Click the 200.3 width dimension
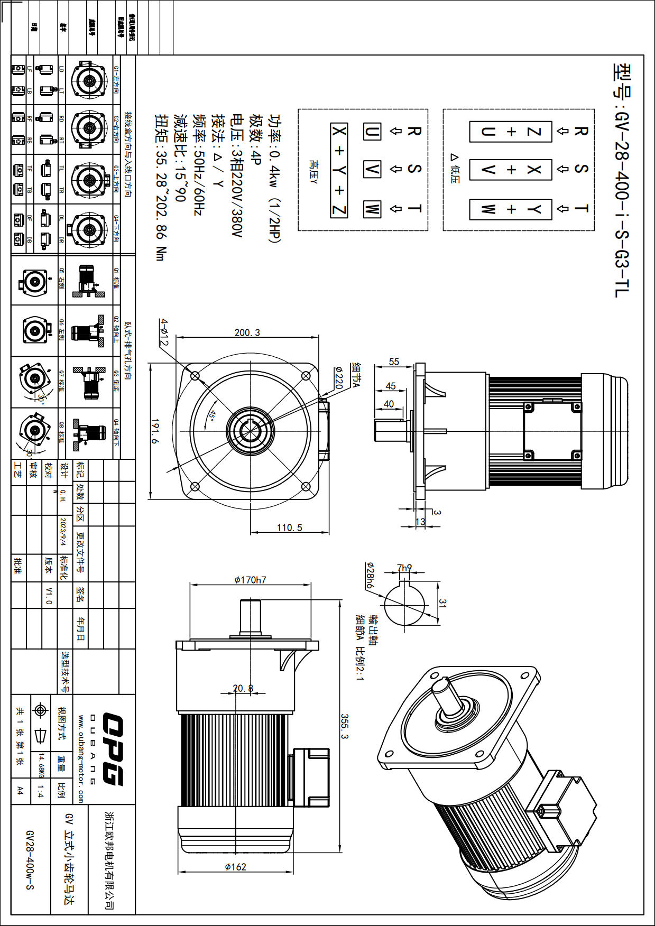click(x=247, y=332)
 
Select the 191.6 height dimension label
click(x=155, y=431)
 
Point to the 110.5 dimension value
click(x=289, y=527)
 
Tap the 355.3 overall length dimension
click(x=344, y=727)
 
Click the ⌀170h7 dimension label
click(x=250, y=580)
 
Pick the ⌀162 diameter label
click(x=235, y=866)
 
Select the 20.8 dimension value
click(x=243, y=688)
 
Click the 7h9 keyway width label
click(x=404, y=568)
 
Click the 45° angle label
click(x=212, y=416)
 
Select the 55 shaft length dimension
click(x=394, y=362)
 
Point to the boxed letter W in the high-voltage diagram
click(x=372, y=209)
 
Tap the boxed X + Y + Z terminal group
click(x=339, y=170)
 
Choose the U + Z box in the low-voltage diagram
click(x=511, y=132)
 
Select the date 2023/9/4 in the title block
click(x=63, y=532)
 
